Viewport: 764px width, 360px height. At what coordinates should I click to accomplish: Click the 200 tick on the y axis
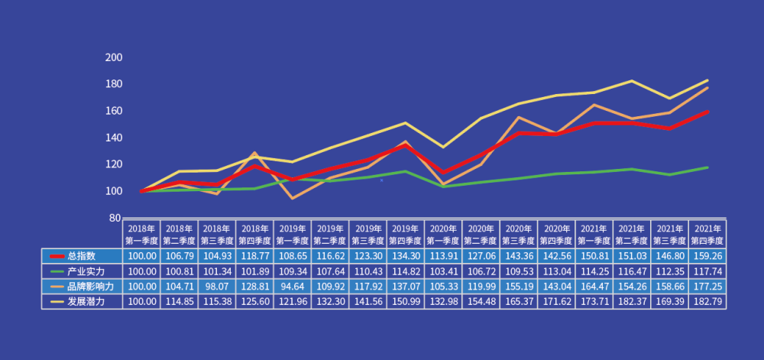coord(113,57)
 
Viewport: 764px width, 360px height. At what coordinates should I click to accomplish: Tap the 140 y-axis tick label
coord(113,138)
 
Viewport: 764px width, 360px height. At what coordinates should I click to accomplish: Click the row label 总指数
coord(81,256)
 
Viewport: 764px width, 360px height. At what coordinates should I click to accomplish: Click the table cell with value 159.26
coord(707,256)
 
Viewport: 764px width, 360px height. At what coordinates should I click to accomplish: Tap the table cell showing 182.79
coord(707,302)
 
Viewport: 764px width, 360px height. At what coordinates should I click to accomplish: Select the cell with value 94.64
coord(293,287)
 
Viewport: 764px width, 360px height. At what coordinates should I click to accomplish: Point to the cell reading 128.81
coord(255,287)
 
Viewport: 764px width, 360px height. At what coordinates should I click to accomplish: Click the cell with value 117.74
coord(707,271)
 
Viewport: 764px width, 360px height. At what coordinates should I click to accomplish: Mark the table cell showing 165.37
coord(519,302)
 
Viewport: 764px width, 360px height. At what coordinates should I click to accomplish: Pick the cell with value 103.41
coord(443,271)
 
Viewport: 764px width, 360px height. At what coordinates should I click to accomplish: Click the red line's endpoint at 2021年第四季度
coord(707,112)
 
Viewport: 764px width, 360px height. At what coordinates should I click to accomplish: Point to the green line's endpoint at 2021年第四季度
coord(707,167)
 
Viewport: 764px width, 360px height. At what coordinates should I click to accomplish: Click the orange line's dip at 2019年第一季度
coord(293,198)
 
